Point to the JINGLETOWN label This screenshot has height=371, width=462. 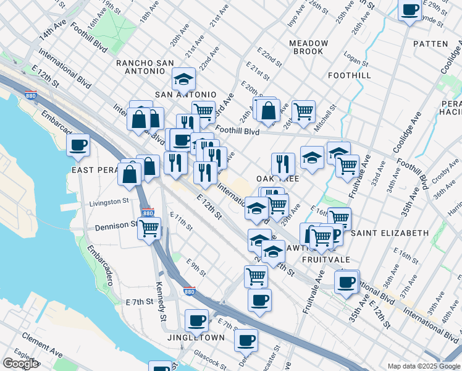(x=195, y=338)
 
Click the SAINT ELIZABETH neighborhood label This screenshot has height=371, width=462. (x=390, y=233)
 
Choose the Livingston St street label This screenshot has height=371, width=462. (x=109, y=202)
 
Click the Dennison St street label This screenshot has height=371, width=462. (x=115, y=226)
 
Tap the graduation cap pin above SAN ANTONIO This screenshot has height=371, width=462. (x=183, y=79)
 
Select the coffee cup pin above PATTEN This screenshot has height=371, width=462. (x=410, y=10)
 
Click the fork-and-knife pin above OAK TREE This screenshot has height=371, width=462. (x=283, y=164)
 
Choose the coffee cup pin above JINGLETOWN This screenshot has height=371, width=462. (x=196, y=320)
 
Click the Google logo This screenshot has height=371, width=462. (x=20, y=364)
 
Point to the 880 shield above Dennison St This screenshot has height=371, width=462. (x=147, y=213)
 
